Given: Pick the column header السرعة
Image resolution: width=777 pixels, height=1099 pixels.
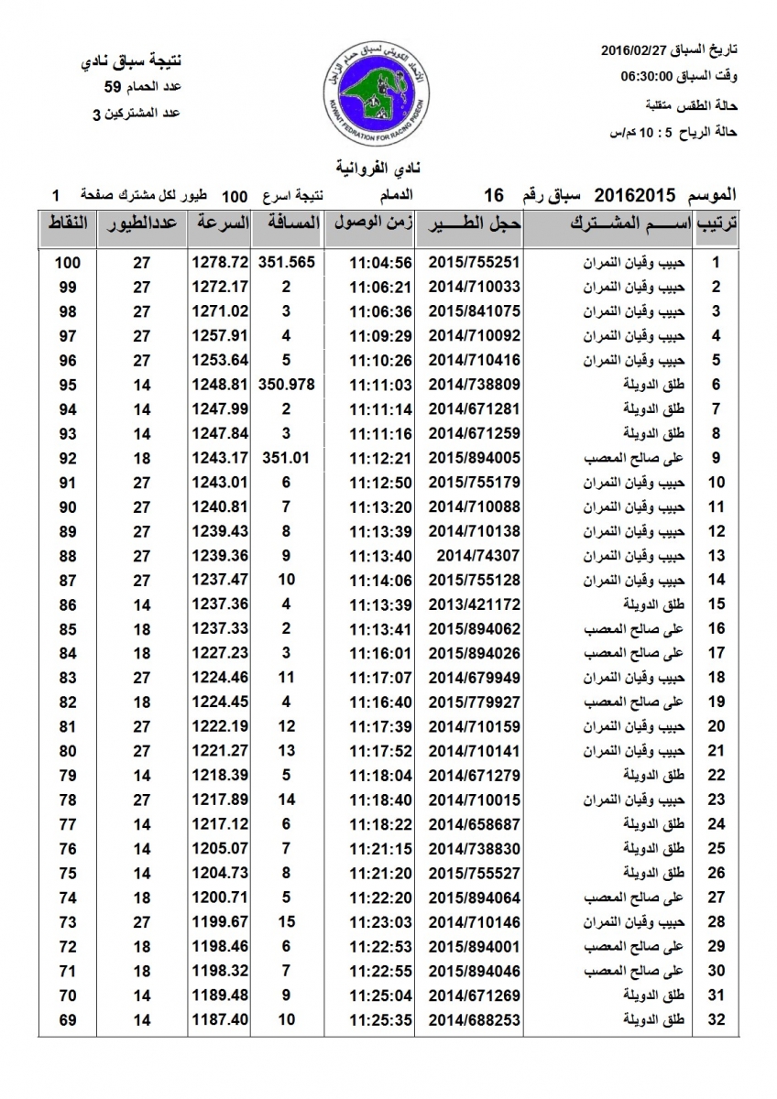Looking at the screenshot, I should pos(220,223).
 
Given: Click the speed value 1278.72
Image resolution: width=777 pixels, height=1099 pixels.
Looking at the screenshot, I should pos(220,262).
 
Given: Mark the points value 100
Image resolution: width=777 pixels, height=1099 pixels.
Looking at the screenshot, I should pos(68,262).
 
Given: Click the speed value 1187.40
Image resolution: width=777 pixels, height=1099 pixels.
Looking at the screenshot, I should pos(220,1018).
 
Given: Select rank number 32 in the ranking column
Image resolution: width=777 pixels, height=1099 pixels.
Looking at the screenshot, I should pos(717,1018).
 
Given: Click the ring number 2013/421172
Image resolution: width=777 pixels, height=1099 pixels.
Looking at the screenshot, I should pos(465,604).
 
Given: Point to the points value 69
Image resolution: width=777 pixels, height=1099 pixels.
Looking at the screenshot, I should pos(68,1018).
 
